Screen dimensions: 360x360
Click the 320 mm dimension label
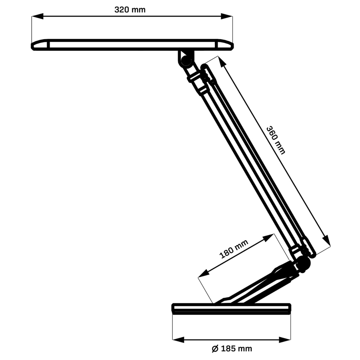(x=130, y=10)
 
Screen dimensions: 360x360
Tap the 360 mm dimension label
(x=276, y=140)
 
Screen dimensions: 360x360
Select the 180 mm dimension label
(x=234, y=249)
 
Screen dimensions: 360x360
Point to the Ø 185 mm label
(x=232, y=349)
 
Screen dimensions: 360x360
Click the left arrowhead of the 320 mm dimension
(x=37, y=16)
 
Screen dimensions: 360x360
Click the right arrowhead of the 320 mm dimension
(x=227, y=16)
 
